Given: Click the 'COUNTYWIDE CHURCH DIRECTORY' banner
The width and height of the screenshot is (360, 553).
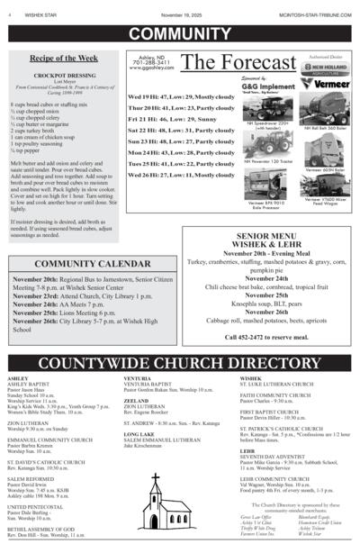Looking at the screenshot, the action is point(180,363).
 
